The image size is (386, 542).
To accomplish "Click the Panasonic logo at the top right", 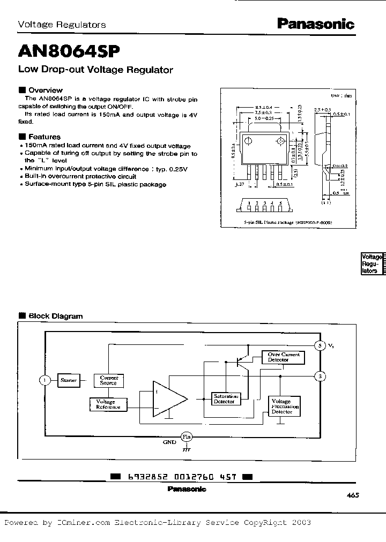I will (x=315, y=24).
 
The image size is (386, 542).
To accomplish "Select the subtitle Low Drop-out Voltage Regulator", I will (x=95, y=70).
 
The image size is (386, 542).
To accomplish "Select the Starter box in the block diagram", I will (x=68, y=380).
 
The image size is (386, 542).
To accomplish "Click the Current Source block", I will (x=109, y=380).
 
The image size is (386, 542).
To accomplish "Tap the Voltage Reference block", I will (x=109, y=404).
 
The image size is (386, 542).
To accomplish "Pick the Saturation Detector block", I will (x=224, y=399).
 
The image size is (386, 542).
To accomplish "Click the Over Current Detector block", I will (x=284, y=357).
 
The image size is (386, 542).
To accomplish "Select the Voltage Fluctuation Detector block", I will (x=284, y=406).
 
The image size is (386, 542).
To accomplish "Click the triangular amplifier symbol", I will (x=168, y=399).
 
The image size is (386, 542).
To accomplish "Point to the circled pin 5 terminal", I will (x=320, y=345).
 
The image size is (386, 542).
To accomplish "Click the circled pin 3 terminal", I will (x=320, y=376).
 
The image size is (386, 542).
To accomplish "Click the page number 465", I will (x=353, y=495).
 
